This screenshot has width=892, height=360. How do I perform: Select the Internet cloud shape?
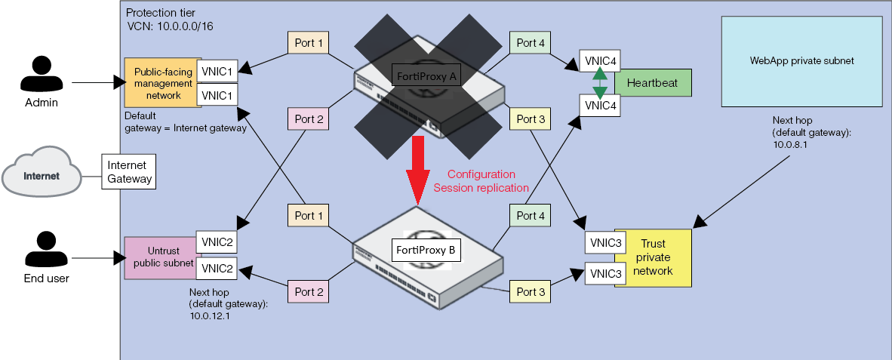point(42,177)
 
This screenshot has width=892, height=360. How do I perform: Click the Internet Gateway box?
point(128,173)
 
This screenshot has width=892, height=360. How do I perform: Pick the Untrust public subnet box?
point(158,257)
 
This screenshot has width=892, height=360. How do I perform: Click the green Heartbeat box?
point(653,82)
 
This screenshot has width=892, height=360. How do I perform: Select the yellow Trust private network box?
point(654,257)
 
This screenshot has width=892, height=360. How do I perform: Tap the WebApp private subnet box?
point(801,60)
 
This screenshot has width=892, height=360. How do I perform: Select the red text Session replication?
point(481,188)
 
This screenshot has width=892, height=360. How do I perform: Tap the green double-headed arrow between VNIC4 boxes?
point(599,83)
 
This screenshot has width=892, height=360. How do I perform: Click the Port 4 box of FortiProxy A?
point(531,43)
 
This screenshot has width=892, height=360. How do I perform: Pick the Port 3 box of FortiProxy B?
point(531,292)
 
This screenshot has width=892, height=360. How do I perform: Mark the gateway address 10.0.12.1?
point(210,317)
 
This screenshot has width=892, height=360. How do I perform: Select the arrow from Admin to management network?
point(98,82)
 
